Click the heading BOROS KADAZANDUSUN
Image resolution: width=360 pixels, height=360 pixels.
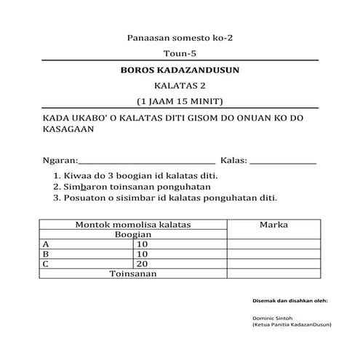[179, 71]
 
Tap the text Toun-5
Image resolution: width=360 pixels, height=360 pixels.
[180, 53]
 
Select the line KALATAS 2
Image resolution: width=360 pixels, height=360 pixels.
[180, 85]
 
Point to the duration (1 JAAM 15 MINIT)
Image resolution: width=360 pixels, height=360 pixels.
[180, 100]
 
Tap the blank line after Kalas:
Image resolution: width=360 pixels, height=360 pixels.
[283, 161]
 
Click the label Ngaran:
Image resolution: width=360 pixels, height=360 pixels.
[59, 159]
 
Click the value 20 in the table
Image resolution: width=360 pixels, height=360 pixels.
[142, 264]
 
